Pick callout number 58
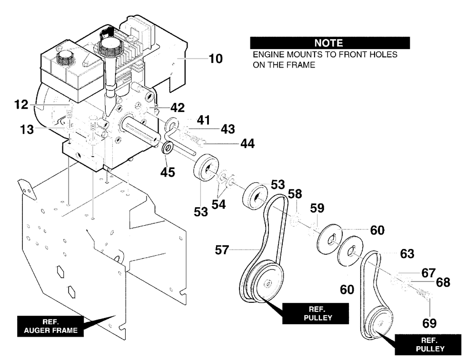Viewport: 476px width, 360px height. tap(295, 193)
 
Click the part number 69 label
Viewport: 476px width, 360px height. tap(429, 323)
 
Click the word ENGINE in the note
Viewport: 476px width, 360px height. tap(268, 55)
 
